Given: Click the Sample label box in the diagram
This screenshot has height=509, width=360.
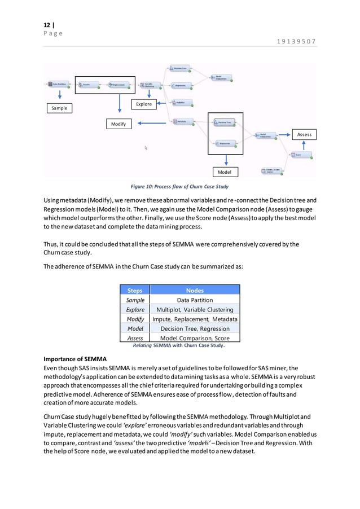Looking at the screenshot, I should click(59, 108).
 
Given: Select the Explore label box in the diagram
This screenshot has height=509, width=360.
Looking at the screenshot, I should click(144, 104).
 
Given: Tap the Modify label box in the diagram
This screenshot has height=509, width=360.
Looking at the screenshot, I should click(118, 124).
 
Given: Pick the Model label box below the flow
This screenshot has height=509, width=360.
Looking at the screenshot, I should click(226, 172).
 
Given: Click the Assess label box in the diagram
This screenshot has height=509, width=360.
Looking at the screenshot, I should click(304, 134).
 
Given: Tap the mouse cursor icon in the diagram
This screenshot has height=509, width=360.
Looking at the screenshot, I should click(146, 148).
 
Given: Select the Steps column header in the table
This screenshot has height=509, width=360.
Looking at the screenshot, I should click(135, 290).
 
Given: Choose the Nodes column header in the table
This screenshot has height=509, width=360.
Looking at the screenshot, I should click(195, 290).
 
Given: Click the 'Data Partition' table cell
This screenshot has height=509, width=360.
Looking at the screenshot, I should click(195, 300).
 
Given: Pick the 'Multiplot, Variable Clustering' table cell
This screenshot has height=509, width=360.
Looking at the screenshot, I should click(195, 310).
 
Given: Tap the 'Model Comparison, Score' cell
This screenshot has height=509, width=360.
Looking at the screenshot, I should click(195, 338).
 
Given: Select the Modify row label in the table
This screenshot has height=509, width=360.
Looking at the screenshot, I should click(135, 319).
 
